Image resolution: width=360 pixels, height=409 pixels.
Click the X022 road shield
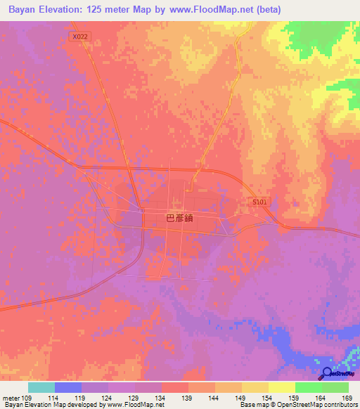pos(79,36)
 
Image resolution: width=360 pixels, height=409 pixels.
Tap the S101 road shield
pos(261,202)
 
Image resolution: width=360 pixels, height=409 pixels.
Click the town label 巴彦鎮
pos(179,219)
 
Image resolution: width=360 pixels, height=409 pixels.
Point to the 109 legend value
pos(24,398)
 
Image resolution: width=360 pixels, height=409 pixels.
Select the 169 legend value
pos(347,398)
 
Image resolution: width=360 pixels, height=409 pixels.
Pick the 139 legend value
pos(186,398)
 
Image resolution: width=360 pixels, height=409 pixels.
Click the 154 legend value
pos(266,398)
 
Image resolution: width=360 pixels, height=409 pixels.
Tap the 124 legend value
pos(106,398)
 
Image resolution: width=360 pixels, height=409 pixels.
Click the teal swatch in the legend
pos(41,387)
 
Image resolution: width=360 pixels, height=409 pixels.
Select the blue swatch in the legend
pos(68,387)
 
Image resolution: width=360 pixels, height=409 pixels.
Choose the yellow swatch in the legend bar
pos(282,387)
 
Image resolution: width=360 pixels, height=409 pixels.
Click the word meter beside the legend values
pos(10,398)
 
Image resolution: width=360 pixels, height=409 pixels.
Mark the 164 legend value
pos(320,398)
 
